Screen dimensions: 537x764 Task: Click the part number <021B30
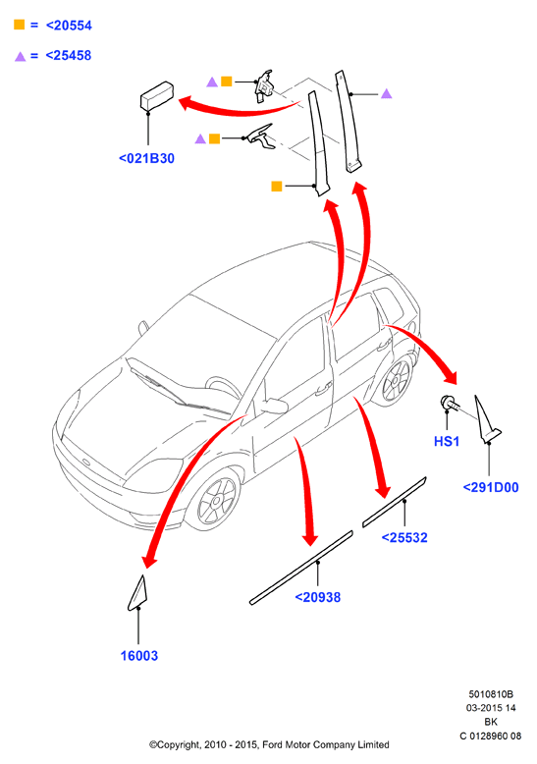(x=146, y=158)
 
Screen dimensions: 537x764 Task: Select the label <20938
(x=318, y=597)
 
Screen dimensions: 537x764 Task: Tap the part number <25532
(x=404, y=537)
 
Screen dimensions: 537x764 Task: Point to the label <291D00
(x=491, y=487)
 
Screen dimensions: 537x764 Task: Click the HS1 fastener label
(x=447, y=442)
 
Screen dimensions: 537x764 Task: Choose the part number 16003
(x=139, y=656)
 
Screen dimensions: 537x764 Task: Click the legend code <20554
(x=69, y=26)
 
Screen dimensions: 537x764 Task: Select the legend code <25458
(x=69, y=56)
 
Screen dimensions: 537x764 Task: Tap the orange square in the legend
(x=19, y=25)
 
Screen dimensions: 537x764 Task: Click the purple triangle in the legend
(x=20, y=57)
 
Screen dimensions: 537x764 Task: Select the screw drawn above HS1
(x=449, y=404)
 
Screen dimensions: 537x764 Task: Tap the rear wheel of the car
(x=396, y=382)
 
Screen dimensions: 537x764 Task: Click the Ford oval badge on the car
(x=86, y=462)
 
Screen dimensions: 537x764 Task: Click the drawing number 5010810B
(x=491, y=694)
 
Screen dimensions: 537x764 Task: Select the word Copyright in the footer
(x=176, y=745)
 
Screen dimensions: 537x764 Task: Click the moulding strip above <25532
(x=395, y=502)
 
